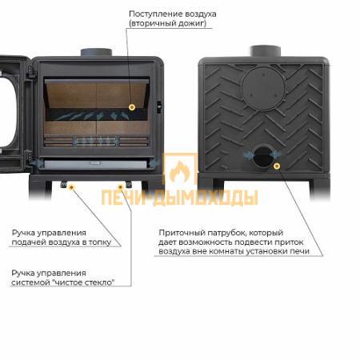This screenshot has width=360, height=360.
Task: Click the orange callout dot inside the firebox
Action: (x=132, y=107)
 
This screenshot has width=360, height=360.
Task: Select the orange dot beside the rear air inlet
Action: (x=277, y=166)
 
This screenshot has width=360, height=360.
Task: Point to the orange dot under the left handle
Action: (x=71, y=187)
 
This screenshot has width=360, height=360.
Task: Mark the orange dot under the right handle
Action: (x=120, y=187)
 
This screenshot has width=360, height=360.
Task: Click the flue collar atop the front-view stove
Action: (x=96, y=52)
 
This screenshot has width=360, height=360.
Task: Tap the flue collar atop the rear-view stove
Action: (x=266, y=51)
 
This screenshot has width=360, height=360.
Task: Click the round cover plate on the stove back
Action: (x=263, y=89)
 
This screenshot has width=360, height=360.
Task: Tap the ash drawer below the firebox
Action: (x=95, y=164)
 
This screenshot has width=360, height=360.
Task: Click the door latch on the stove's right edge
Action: (x=159, y=106)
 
